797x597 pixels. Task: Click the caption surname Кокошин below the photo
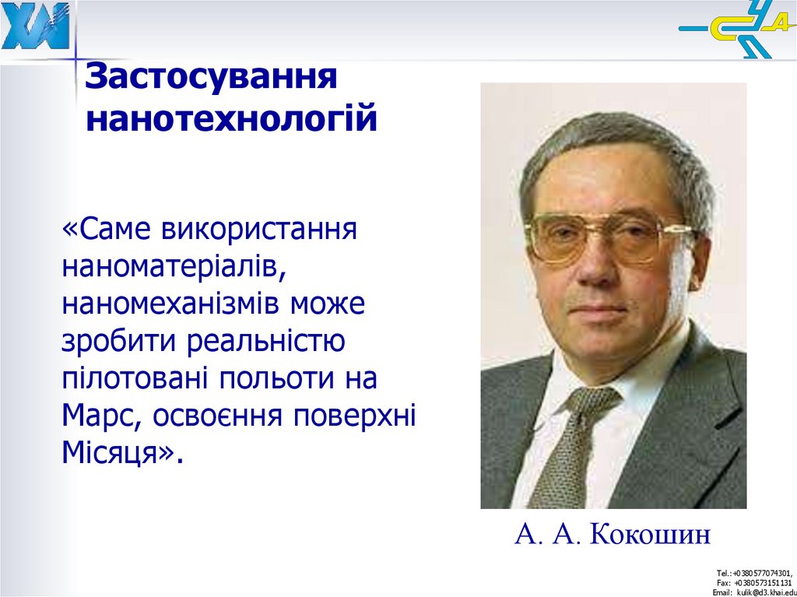(651, 536)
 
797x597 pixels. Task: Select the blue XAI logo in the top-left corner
(35, 26)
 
